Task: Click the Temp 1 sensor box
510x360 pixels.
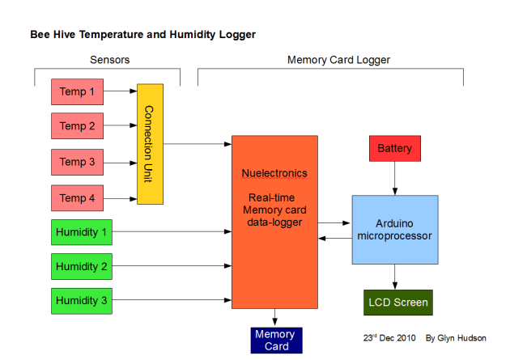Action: pyautogui.click(x=77, y=91)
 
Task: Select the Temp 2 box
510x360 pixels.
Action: pyautogui.click(x=77, y=126)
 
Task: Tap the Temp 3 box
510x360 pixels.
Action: pyautogui.click(x=77, y=162)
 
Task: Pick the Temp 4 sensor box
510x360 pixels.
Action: pyautogui.click(x=77, y=197)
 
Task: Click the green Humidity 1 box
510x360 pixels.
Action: pyautogui.click(x=81, y=232)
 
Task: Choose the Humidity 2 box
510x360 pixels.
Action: pyautogui.click(x=81, y=266)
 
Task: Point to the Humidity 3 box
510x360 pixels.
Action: pyautogui.click(x=81, y=301)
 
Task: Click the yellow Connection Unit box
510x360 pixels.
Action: pyautogui.click(x=150, y=143)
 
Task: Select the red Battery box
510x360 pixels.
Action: pyautogui.click(x=394, y=149)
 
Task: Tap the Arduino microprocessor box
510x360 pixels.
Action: pyautogui.click(x=394, y=229)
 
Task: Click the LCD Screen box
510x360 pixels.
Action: pyautogui.click(x=397, y=303)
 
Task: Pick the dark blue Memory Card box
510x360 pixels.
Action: pyautogui.click(x=274, y=340)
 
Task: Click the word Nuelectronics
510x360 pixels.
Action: pyautogui.click(x=274, y=173)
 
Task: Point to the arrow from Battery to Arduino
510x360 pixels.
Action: pyautogui.click(x=394, y=179)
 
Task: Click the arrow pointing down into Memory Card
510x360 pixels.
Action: pyautogui.click(x=274, y=318)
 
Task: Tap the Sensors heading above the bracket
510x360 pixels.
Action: pyautogui.click(x=109, y=60)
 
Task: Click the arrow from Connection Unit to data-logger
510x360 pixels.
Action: pyautogui.click(x=198, y=144)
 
